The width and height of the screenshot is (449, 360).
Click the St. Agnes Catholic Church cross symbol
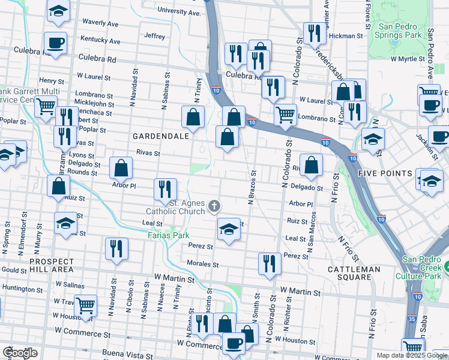pos(214,207)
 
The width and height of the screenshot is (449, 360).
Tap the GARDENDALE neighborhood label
pos(161,136)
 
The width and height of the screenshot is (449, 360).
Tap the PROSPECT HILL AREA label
pos(52,265)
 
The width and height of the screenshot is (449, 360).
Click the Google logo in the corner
pos(20,353)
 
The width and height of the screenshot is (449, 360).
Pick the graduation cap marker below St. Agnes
pos(228,230)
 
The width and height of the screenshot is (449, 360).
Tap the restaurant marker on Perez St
pos(270,262)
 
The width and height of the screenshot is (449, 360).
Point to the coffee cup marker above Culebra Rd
pos(55,43)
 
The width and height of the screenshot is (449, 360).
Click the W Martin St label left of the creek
pos(174,278)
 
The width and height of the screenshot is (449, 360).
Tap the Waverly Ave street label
pos(100,23)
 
